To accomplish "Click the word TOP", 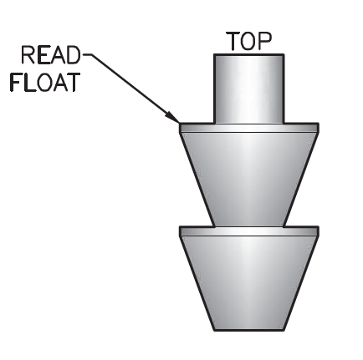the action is (x=248, y=41).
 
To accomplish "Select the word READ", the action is (x=51, y=55).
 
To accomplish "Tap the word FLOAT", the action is (x=45, y=83).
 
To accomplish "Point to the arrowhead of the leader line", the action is (x=172, y=117).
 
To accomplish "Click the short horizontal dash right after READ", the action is (x=87, y=55).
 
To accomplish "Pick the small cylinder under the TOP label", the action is (x=249, y=89).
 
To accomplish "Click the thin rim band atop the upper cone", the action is (x=249, y=128).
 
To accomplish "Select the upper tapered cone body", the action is (x=249, y=179).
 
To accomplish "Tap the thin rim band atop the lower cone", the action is (x=249, y=231).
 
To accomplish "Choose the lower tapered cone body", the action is (x=249, y=283).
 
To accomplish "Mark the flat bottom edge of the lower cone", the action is (x=249, y=330).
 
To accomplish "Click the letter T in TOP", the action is (x=233, y=41).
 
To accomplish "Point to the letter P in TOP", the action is (x=265, y=41).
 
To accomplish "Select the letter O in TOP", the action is (x=249, y=41).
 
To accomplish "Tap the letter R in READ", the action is (x=28, y=55).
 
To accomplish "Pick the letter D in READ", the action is (x=74, y=55).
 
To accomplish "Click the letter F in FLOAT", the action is (x=16, y=83).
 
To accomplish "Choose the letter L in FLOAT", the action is (x=30, y=83).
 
